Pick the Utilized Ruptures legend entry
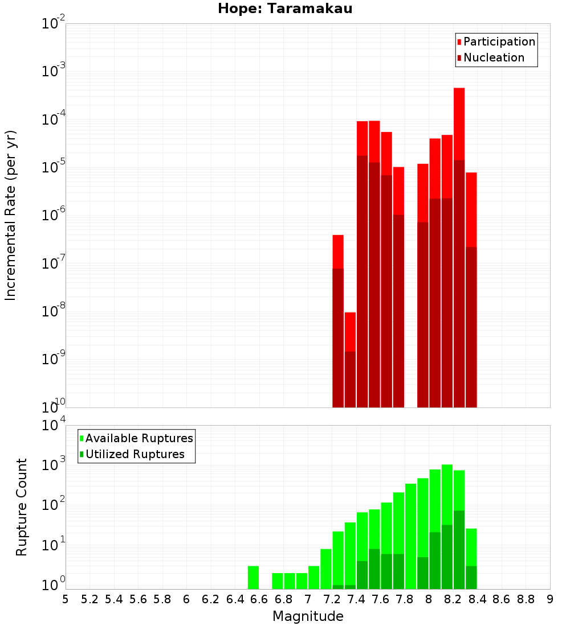pos(135,454)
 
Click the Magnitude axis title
pos(308,616)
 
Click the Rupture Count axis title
pos(22,506)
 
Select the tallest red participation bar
pos(459,114)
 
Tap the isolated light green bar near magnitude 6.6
pos(253,577)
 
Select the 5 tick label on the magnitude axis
pos(66,599)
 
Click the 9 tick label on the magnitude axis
pos(550,599)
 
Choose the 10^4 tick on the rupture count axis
pos(54,426)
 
